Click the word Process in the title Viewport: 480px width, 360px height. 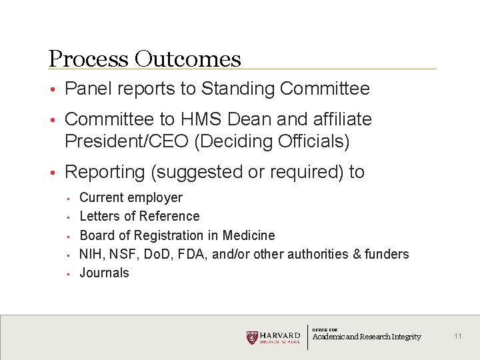pos(89,59)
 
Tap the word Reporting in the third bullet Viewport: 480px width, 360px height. pos(105,172)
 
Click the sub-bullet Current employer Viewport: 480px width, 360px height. pos(131,197)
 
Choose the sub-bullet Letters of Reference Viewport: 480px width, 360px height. pos(139,216)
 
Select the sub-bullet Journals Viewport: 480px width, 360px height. pos(104,273)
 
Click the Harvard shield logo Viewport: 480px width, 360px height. pos(252,337)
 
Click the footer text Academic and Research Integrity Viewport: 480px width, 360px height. pos(367,337)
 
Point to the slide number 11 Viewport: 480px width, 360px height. pos(457,336)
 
